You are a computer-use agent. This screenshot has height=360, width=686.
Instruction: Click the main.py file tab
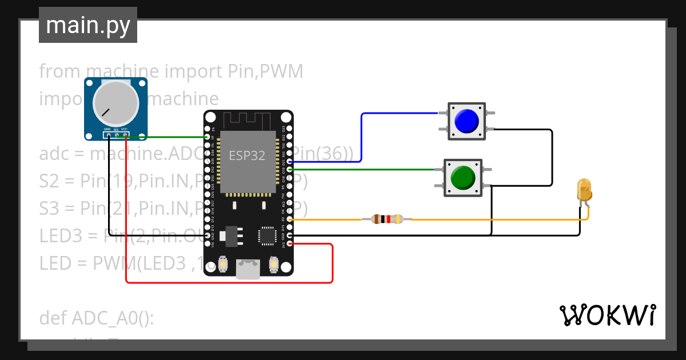coord(87,26)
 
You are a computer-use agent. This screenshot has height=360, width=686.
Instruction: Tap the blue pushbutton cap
coord(466,121)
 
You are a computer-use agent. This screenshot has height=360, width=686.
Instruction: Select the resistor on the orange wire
coord(387,219)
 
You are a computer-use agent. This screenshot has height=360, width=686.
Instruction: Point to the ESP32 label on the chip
coord(247,155)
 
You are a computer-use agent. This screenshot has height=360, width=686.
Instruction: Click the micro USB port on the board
coord(248,269)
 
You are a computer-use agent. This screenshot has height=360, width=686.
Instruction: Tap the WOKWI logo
coord(607,315)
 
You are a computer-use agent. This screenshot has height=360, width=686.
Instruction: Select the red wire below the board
coord(229,282)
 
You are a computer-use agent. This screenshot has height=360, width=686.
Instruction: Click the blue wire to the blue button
coord(362,137)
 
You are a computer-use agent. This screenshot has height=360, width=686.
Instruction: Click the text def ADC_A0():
coord(97,318)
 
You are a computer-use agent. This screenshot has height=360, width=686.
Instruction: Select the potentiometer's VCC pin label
coord(124,130)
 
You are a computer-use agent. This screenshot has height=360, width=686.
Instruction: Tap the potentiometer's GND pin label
coord(107,130)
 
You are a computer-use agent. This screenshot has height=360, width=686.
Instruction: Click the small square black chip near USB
coord(267,236)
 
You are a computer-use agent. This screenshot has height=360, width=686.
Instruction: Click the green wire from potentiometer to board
coord(171,137)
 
